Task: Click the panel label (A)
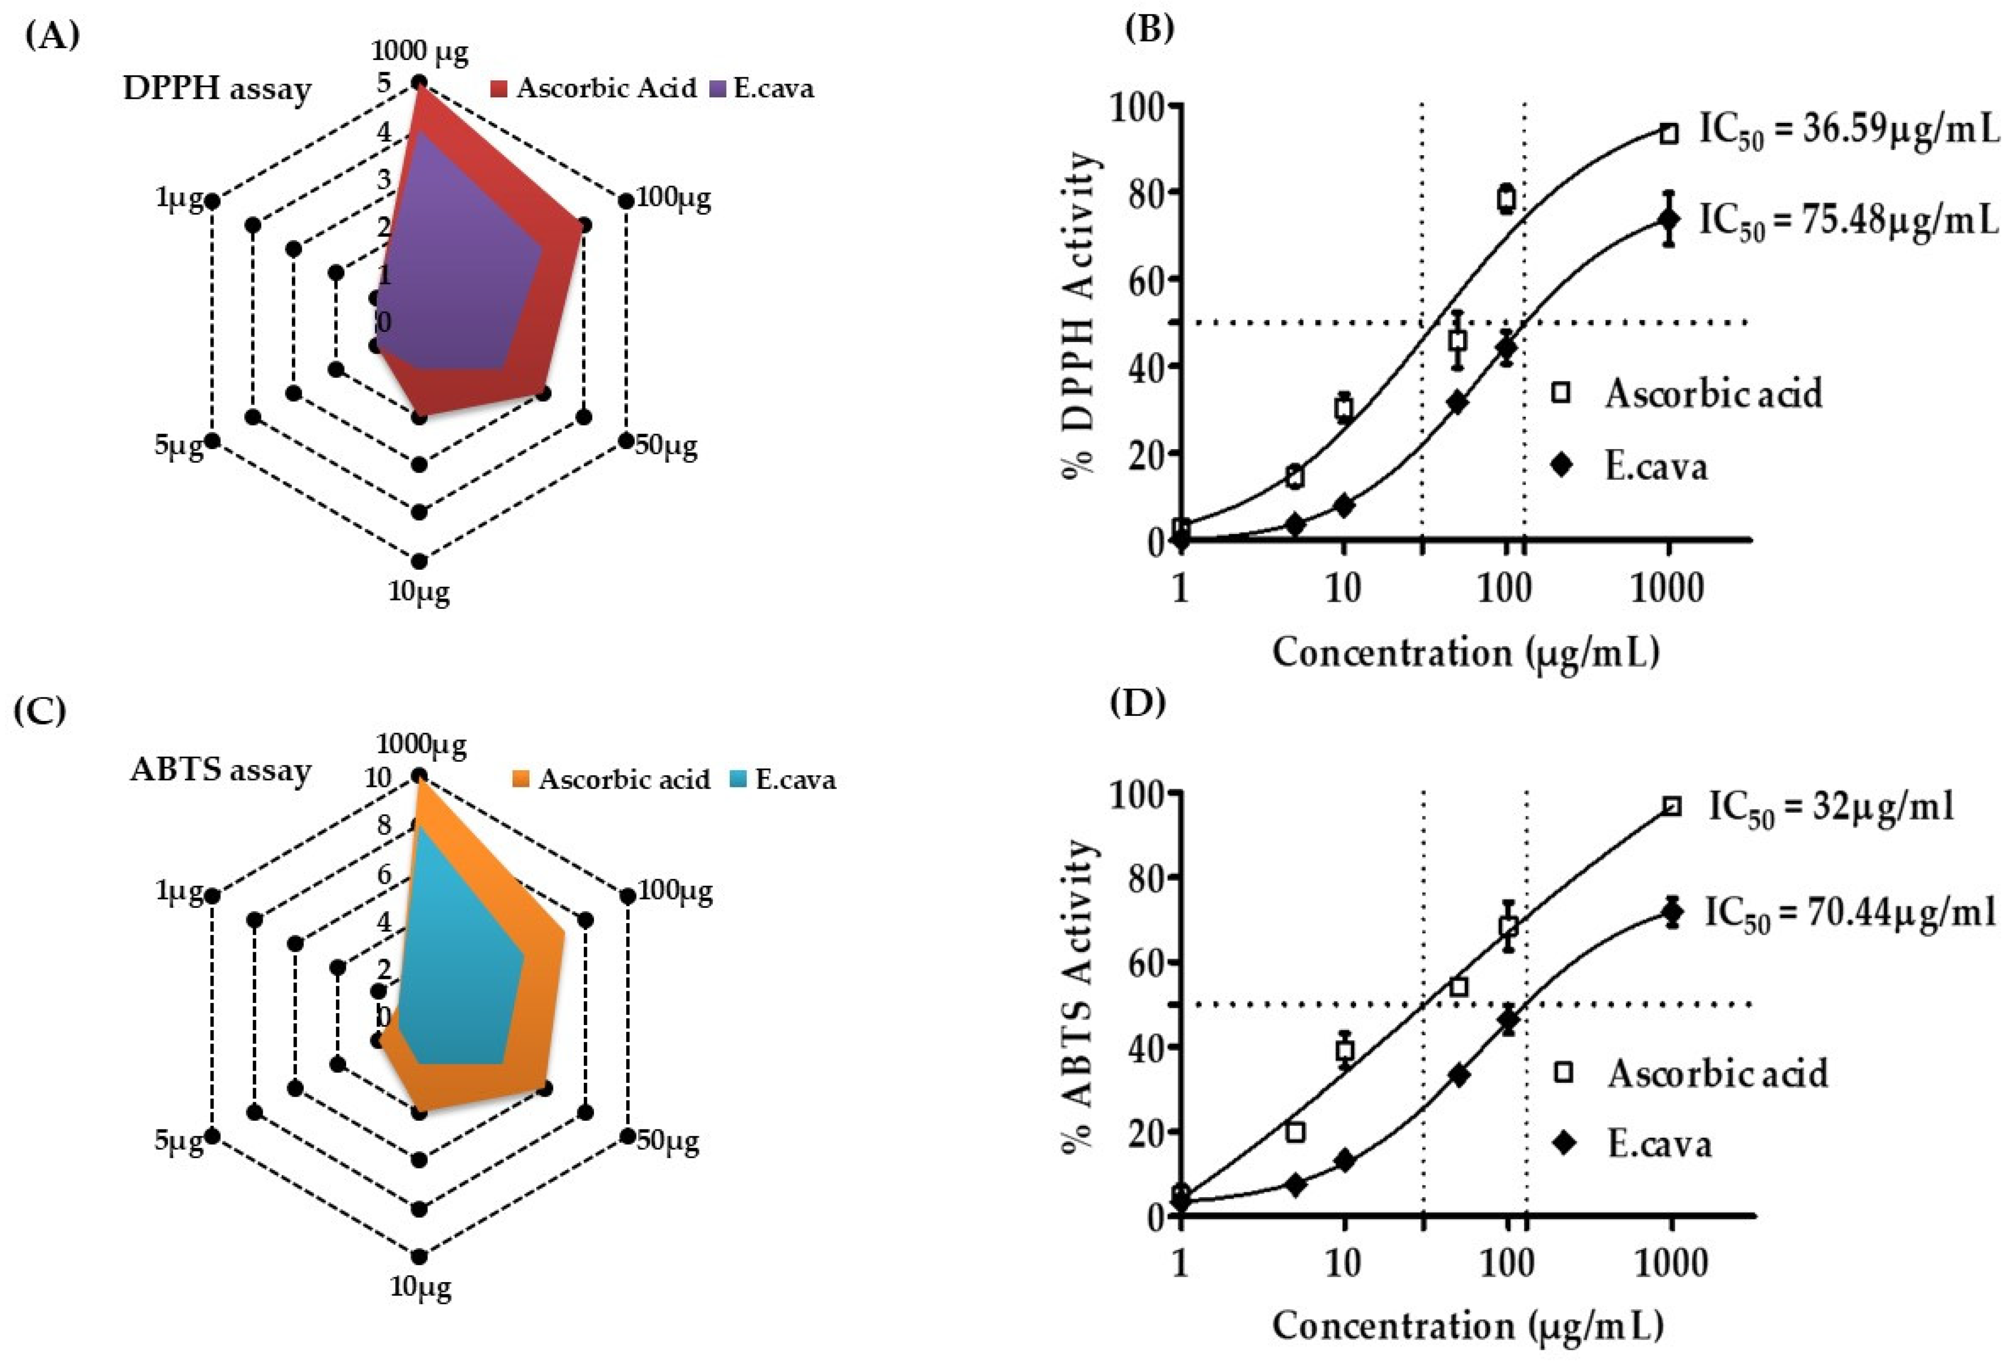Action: (x=52, y=36)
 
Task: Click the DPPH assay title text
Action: (x=217, y=89)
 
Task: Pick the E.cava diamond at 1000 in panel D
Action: (x=1672, y=912)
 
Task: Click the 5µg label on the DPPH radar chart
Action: (x=179, y=446)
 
